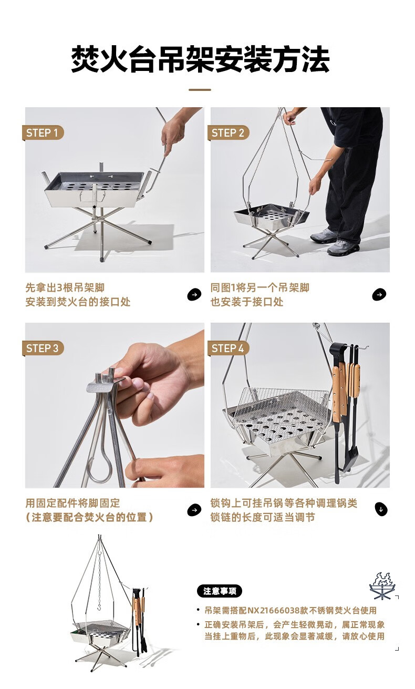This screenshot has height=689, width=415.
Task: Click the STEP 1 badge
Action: coord(43,133)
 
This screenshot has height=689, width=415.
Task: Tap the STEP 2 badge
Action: coord(228,133)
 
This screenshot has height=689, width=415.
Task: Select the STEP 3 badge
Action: coord(43,348)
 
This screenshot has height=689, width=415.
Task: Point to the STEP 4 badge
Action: coord(228,348)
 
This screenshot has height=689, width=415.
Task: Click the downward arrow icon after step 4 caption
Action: coord(381,509)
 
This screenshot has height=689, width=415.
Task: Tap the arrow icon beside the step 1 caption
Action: coord(194,294)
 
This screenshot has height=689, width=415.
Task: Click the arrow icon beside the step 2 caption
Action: coord(379,294)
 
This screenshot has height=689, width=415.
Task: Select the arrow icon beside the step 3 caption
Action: coord(194,510)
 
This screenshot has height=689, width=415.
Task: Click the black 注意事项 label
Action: coord(220,591)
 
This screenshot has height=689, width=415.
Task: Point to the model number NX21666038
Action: coord(277,610)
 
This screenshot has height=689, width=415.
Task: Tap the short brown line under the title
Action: coord(200,90)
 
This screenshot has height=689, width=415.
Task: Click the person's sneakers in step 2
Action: coord(335,241)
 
